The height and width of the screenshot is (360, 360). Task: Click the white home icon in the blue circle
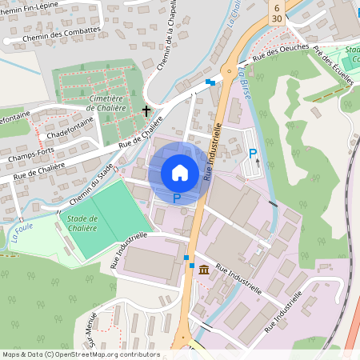pos(180,172)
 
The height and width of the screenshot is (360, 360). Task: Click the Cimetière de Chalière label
pos(100,102)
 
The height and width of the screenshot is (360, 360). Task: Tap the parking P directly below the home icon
pos(177,197)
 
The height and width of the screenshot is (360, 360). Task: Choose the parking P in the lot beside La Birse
pos(252,154)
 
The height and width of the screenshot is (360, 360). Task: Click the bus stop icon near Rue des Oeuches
pos(210,82)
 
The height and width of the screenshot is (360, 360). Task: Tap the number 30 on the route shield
pos(276,18)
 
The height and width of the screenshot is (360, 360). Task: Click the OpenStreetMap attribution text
pos(80,354)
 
